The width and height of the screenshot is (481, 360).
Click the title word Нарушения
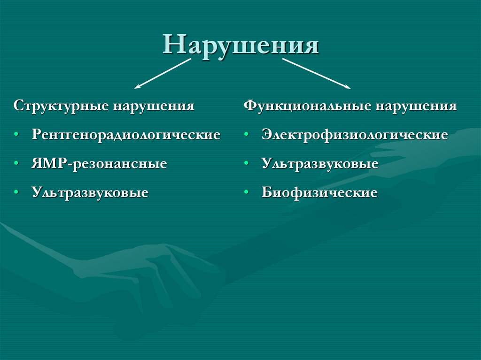click(x=241, y=46)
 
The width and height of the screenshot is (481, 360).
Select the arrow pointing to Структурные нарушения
click(x=163, y=74)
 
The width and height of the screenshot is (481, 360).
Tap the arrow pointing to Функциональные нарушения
click(x=317, y=74)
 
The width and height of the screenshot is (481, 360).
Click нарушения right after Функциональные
click(x=415, y=106)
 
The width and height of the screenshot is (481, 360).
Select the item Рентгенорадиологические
click(x=126, y=135)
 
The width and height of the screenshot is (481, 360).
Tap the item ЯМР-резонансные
click(x=100, y=164)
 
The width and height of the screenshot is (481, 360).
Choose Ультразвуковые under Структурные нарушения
click(x=90, y=193)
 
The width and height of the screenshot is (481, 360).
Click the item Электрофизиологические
click(x=355, y=135)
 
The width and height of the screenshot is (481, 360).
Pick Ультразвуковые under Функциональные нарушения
click(x=320, y=164)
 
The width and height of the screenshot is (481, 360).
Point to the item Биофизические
click(x=319, y=193)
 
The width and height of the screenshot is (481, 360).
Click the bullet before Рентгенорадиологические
click(x=17, y=135)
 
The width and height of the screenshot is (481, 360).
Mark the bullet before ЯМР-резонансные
click(x=17, y=164)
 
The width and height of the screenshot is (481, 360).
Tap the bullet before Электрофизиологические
click(x=247, y=135)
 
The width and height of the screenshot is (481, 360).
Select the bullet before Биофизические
click(x=247, y=193)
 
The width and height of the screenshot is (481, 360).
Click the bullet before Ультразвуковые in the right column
click(x=247, y=164)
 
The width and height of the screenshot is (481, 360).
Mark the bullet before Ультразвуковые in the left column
click(x=17, y=193)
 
